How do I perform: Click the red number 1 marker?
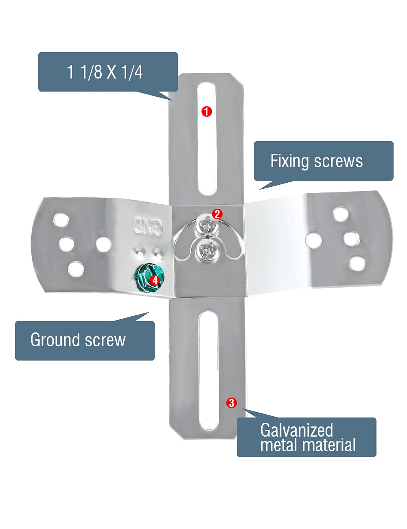coord(207,111)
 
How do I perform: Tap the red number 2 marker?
coord(217,214)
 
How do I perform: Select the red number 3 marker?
coord(231,403)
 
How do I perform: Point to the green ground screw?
coord(150,276)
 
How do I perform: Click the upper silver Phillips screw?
coord(205,225)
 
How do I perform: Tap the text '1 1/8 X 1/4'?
coord(105,72)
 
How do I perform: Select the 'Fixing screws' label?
coord(316,161)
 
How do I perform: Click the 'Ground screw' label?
coord(78,340)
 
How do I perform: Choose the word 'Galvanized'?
coord(296,430)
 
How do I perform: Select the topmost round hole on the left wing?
coord(61,220)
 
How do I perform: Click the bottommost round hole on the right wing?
coord(357,264)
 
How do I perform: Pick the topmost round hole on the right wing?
coord(340,214)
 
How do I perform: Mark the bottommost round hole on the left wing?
coord(76,269)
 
